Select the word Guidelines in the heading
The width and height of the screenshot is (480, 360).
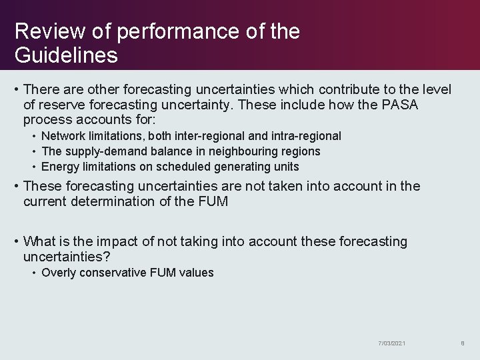66,55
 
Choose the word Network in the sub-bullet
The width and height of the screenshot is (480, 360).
63,136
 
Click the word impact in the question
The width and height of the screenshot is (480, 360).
111,241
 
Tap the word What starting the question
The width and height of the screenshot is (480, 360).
39,241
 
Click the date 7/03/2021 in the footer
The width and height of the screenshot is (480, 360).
391,343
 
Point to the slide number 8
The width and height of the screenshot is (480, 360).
462,343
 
